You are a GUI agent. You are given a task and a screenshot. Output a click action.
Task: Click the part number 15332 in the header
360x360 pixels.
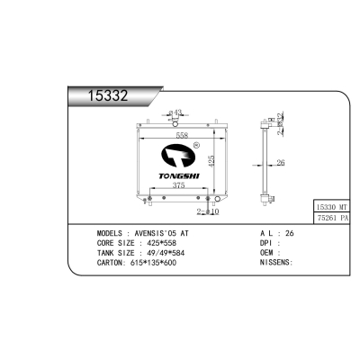pos(108,95)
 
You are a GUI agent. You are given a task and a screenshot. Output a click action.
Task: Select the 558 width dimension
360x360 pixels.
pos(182,135)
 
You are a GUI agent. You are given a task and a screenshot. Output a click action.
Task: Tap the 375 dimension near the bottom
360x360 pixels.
pos(178,185)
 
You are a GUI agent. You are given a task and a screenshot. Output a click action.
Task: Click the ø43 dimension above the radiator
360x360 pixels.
pos(175,112)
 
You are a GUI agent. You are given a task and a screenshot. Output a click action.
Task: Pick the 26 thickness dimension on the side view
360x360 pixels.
pos(281,163)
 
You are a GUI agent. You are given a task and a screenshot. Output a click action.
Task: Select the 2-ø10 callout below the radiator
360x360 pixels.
pos(208,211)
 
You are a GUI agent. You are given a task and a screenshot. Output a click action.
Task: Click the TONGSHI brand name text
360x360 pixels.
pos(179,176)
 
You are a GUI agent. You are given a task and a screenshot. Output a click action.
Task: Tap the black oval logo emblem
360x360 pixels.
pos(178,156)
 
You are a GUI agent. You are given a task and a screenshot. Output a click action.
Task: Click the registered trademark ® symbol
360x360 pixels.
pos(197,145)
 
